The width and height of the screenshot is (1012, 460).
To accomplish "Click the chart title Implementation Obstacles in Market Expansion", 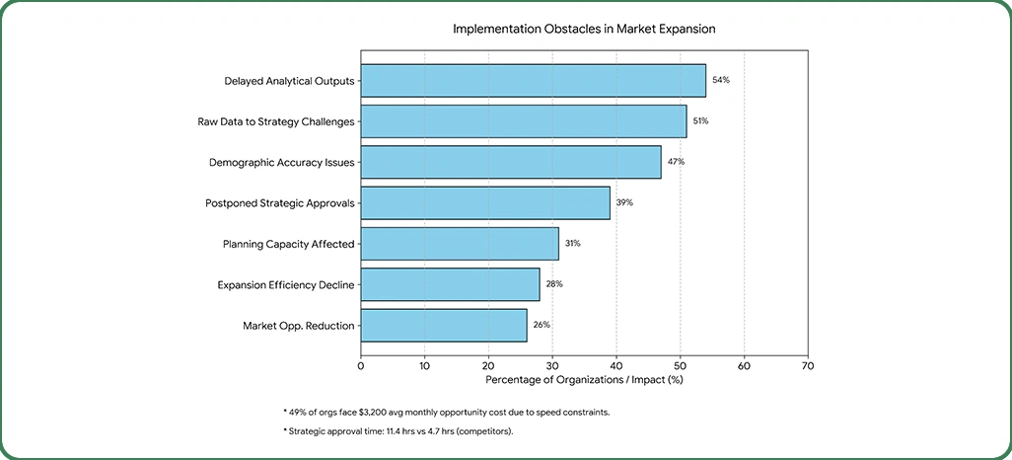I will click(584, 29).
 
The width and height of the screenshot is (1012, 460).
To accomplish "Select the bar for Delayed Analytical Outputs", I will click(533, 80).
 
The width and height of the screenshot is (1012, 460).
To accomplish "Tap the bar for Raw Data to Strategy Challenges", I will click(523, 120).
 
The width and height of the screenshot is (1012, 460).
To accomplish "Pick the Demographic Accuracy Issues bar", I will click(510, 162).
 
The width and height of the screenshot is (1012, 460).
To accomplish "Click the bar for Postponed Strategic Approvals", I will click(484, 202).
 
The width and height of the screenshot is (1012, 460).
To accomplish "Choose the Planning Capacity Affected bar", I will click(459, 243).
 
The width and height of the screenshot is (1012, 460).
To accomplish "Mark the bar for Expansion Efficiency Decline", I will click(450, 284).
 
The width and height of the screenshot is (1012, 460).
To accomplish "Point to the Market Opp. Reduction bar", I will click(443, 325).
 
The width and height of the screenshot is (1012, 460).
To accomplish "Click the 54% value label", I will click(720, 80).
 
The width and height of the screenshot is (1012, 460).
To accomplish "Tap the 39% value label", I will click(624, 202).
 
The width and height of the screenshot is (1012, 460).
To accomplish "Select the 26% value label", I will click(542, 325).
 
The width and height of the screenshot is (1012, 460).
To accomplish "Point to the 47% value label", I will click(676, 162).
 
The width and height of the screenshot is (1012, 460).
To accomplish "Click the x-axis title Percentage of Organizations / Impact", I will click(584, 378).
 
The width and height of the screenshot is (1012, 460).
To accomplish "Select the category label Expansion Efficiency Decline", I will click(285, 284).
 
